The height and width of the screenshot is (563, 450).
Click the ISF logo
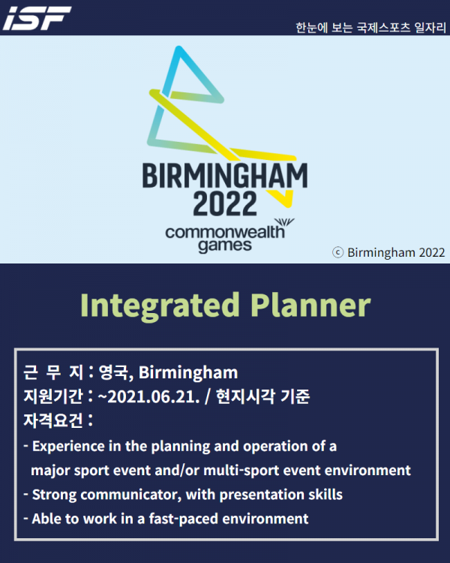(37, 18)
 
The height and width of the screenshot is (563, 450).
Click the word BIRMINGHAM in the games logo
(225, 176)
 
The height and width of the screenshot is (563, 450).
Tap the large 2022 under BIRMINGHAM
(225, 203)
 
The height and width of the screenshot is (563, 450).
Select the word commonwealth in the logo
(225, 232)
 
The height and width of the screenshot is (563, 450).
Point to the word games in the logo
(225, 246)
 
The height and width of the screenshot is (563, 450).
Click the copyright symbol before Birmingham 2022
(337, 252)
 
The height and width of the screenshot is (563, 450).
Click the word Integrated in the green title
(160, 306)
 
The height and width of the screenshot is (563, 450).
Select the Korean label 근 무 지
(53, 372)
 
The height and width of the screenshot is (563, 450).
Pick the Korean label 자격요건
(53, 420)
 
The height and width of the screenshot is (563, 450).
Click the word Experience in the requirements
(68, 447)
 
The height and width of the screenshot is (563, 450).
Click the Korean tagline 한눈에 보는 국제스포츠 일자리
(370, 28)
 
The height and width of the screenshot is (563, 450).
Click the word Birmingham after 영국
(188, 373)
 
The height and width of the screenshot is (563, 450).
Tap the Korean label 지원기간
(53, 396)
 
